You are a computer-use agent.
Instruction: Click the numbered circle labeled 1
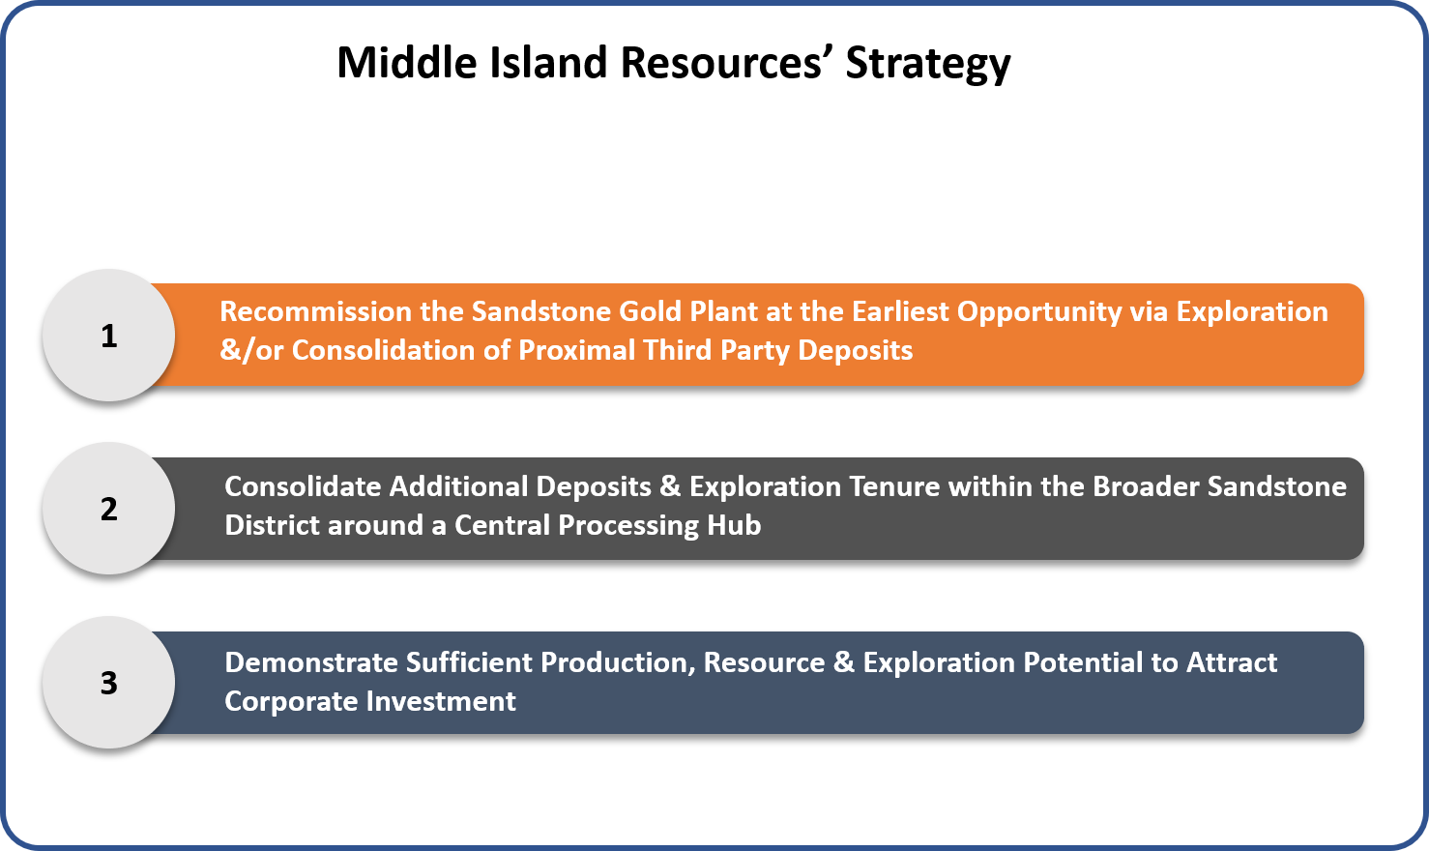click(x=108, y=335)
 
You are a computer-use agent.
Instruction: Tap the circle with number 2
click(x=108, y=509)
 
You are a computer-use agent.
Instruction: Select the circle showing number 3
click(x=108, y=682)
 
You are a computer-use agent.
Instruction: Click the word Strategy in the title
click(x=928, y=64)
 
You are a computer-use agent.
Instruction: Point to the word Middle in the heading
click(x=407, y=63)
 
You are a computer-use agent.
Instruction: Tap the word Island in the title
click(x=548, y=63)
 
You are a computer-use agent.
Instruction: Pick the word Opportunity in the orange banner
click(x=1039, y=312)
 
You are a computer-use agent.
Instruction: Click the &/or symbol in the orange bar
click(x=251, y=350)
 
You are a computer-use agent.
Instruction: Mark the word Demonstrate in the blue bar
click(x=311, y=662)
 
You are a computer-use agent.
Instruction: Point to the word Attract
click(x=1232, y=662)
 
